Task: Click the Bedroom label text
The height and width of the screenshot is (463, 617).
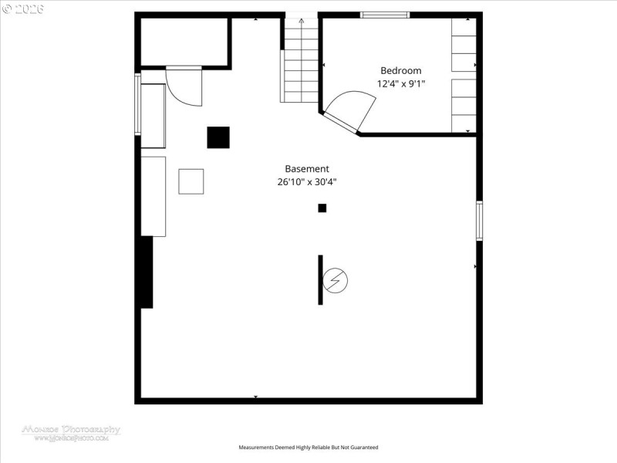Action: (400, 70)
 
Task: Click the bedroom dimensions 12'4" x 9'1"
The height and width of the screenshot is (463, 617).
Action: (400, 83)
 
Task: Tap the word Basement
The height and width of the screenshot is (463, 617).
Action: (307, 168)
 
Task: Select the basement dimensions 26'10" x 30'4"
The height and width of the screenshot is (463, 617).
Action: (307, 182)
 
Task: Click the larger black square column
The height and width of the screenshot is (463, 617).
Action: (218, 137)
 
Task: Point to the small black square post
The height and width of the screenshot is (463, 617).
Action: (322, 208)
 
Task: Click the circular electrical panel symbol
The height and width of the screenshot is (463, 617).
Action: (335, 280)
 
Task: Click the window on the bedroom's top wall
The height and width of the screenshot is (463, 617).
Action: (385, 15)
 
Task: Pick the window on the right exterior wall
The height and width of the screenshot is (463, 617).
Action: (479, 220)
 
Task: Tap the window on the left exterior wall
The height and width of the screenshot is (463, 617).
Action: (138, 104)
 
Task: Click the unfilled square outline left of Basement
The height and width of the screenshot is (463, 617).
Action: (191, 181)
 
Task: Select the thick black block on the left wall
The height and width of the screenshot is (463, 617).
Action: (146, 272)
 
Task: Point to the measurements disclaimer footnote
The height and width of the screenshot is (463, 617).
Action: (308, 448)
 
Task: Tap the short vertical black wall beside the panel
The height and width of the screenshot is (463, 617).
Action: (320, 279)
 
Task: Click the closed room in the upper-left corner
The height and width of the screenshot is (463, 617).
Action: (184, 42)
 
